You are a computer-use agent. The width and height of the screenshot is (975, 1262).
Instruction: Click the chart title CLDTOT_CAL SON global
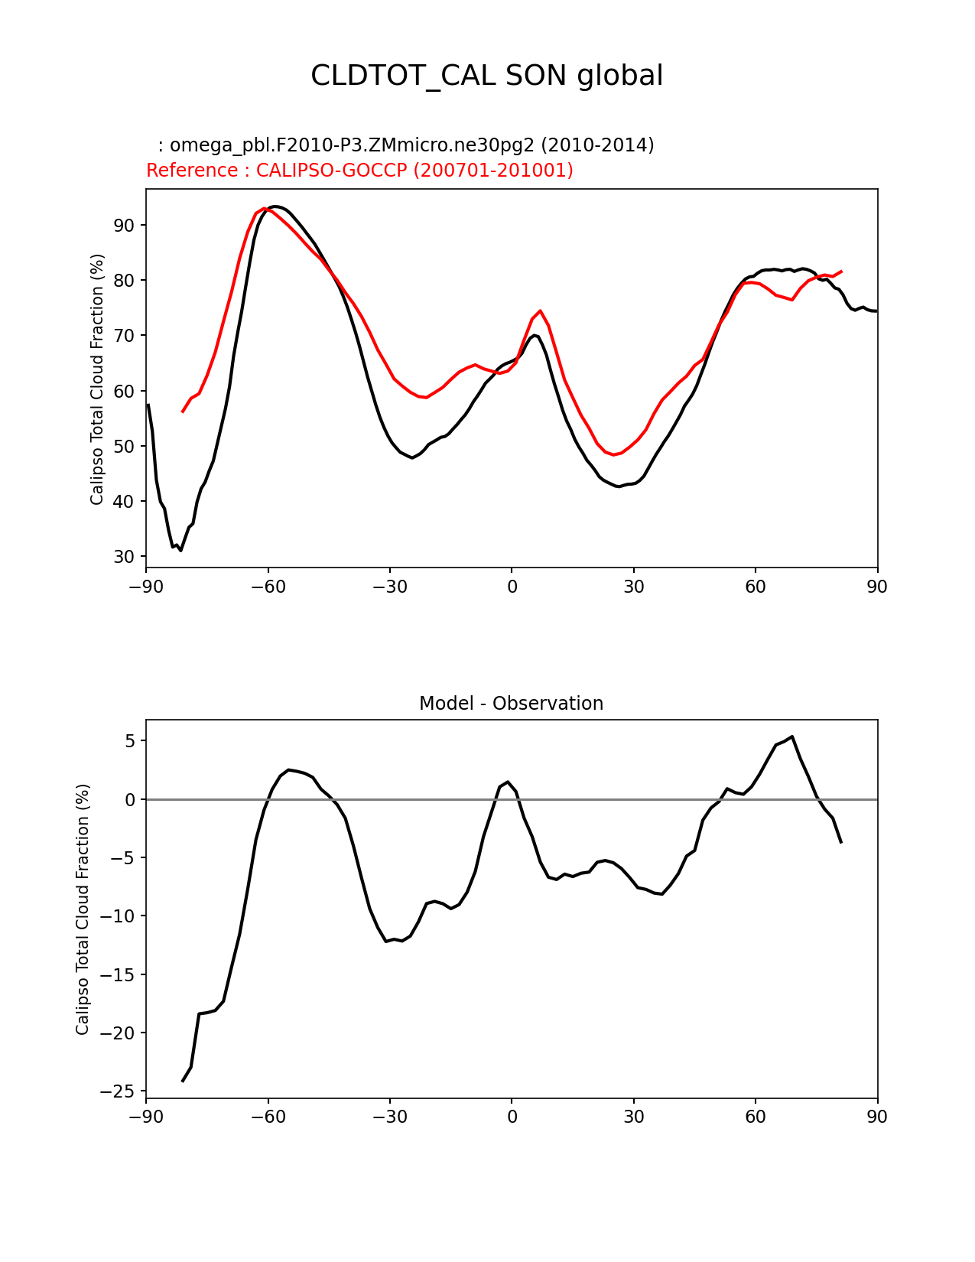tap(486, 76)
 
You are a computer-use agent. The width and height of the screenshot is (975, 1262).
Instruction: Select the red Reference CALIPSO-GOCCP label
tap(359, 171)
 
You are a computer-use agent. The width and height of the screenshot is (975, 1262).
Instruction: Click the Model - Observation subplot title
tap(511, 704)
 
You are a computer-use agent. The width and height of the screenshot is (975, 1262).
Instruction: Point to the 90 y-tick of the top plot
tap(125, 225)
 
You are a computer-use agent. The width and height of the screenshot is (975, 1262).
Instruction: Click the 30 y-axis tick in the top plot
tap(125, 557)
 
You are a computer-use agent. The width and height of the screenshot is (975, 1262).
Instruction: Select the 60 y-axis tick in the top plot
tap(125, 391)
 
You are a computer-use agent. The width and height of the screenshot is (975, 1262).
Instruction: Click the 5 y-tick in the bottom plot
tap(129, 741)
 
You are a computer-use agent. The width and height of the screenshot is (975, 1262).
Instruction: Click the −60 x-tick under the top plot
tap(268, 587)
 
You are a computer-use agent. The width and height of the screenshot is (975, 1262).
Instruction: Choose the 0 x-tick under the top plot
tap(512, 587)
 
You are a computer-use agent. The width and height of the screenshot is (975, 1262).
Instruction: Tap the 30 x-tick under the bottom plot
tap(633, 1117)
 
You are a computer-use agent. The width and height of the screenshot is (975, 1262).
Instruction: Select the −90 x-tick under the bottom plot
tap(146, 1117)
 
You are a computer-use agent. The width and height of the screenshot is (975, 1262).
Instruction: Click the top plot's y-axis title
tap(97, 379)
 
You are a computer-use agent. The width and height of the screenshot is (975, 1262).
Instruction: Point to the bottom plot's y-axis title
tap(83, 909)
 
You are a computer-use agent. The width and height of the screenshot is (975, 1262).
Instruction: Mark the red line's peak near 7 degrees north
tap(540, 311)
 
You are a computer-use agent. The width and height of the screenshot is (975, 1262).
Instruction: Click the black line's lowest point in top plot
tap(180, 550)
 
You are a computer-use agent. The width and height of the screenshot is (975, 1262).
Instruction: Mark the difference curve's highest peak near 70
tap(792, 737)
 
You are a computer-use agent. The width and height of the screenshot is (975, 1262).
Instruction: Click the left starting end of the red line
tap(183, 411)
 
